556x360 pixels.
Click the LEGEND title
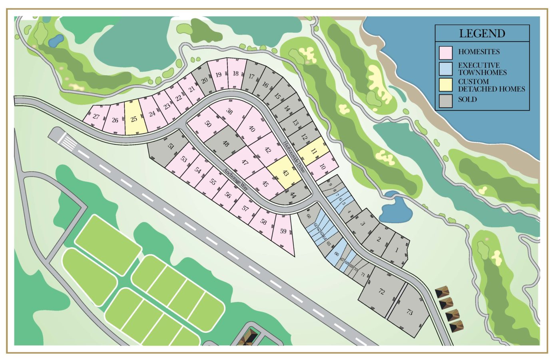point(482,33)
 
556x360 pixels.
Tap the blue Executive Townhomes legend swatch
point(445,69)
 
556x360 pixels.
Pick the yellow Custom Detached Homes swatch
point(445,85)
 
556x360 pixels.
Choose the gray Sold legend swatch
point(445,101)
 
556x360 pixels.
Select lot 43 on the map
point(285,173)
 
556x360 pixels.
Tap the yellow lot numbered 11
point(314,151)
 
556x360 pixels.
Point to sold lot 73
point(409,312)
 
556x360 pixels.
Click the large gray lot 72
point(381,292)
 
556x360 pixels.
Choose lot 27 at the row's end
point(96,116)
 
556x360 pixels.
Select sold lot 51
point(171,146)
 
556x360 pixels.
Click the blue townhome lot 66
point(336,254)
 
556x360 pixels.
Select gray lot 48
point(226,143)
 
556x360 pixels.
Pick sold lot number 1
point(397,250)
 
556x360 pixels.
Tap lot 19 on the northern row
point(218,75)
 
